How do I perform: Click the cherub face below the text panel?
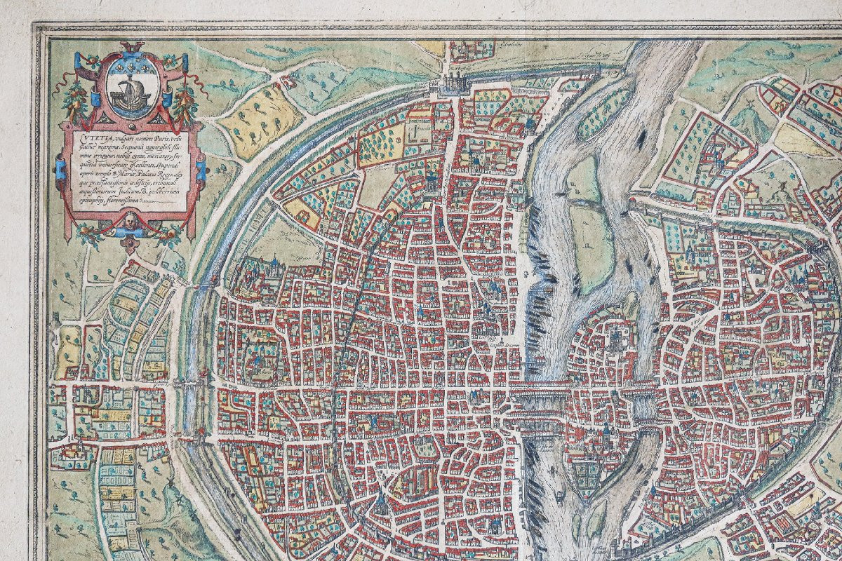pos(130,224)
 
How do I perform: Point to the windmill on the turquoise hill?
pos(747,110)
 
